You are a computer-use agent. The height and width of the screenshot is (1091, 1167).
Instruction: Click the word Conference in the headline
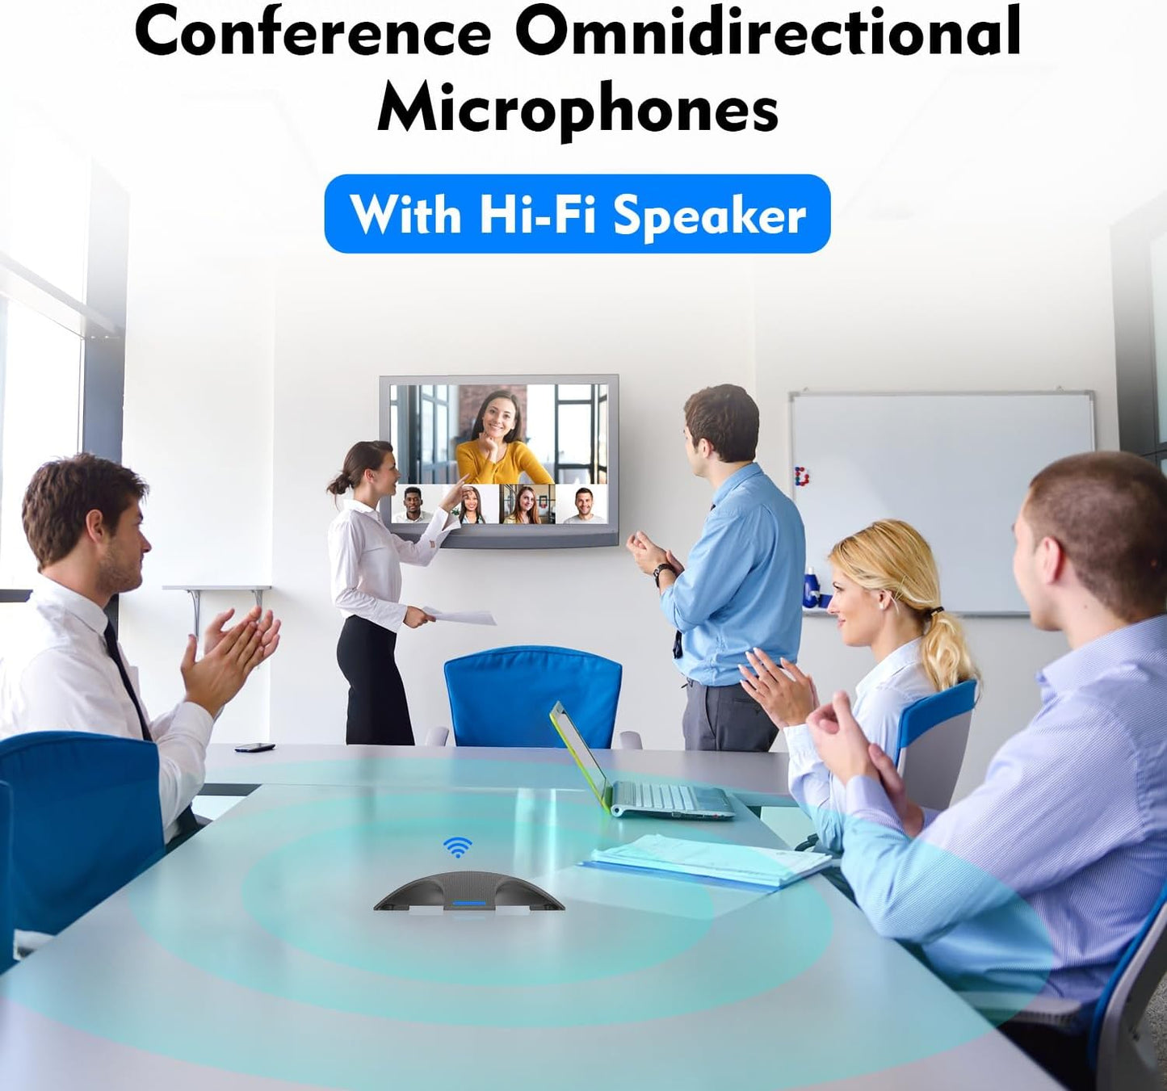coord(313,32)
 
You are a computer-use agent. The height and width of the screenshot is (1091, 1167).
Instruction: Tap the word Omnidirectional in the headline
coord(767,32)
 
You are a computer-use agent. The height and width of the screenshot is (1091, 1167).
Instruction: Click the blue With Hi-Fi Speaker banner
coord(577,214)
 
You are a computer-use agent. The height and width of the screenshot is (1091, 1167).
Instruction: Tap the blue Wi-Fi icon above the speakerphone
coord(458,847)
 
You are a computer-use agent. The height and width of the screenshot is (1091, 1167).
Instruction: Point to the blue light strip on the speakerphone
coord(469,904)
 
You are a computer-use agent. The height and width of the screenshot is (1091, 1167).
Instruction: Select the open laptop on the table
coord(638,775)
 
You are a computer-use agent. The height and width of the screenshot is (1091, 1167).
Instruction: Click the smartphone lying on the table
coord(254,747)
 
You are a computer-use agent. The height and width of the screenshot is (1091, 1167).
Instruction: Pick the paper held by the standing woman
coord(460,616)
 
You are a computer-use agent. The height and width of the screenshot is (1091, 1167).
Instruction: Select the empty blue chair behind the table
coord(533,694)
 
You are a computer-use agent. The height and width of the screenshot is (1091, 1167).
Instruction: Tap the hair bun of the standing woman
coord(334,485)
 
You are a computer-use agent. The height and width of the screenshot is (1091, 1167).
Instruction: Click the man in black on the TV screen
coord(413,506)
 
